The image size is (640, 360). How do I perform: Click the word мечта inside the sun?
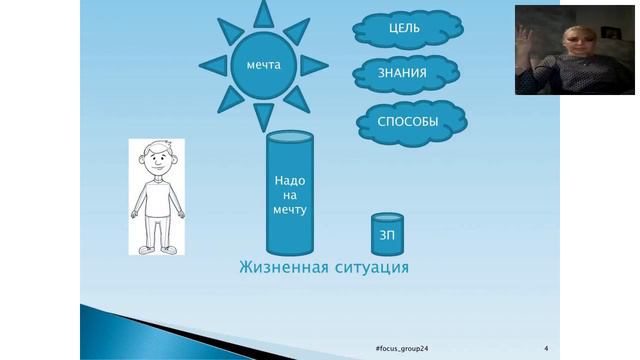pyautogui.click(x=264, y=65)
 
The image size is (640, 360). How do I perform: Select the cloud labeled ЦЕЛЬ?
pyautogui.click(x=404, y=28)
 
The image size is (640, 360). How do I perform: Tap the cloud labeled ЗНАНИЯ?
pyautogui.click(x=406, y=73)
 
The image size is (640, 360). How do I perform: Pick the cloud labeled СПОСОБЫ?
pyautogui.click(x=407, y=122)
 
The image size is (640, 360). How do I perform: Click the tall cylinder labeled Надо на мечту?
pyautogui.click(x=289, y=195)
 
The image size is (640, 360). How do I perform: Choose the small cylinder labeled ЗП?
pyautogui.click(x=386, y=233)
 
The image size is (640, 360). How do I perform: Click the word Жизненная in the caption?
pyautogui.click(x=281, y=268)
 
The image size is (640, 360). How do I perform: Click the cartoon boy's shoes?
pyautogui.click(x=158, y=247)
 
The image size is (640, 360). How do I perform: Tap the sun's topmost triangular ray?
pyautogui.click(x=264, y=13)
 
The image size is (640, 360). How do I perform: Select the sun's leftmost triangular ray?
pyautogui.click(x=212, y=65)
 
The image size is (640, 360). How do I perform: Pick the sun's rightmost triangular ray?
pyautogui.click(x=315, y=65)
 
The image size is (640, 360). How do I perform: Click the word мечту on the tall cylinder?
pyautogui.click(x=289, y=211)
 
